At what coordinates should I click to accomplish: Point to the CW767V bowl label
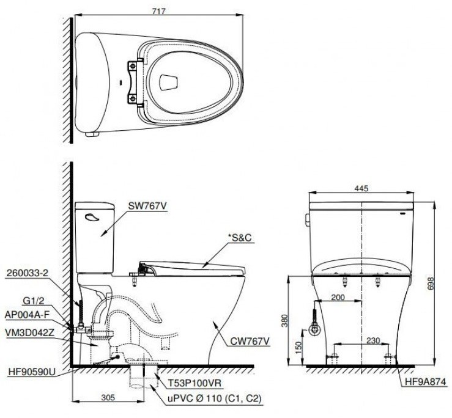[250, 341]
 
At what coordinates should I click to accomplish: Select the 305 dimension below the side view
[107, 398]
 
